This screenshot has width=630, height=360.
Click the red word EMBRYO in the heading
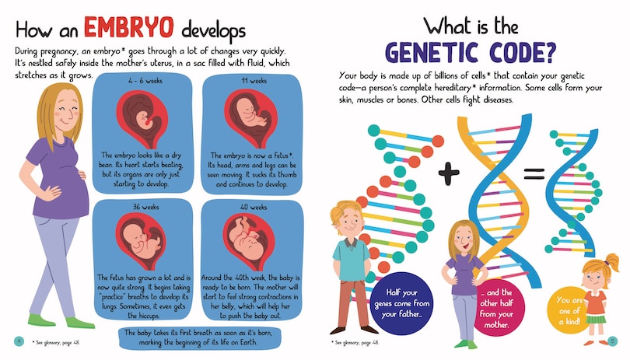click(x=128, y=27)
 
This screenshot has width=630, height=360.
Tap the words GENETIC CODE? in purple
click(x=471, y=53)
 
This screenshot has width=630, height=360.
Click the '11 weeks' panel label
click(x=254, y=81)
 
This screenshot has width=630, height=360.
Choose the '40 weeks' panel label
click(x=254, y=207)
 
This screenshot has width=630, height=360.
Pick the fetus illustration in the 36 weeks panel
click(x=141, y=242)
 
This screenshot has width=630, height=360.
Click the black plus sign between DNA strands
click(x=449, y=173)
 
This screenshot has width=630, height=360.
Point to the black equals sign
click(x=534, y=174)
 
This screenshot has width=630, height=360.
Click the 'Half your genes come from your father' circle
click(x=402, y=303)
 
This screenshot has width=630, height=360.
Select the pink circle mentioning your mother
click(x=495, y=308)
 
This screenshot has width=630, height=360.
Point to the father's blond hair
click(x=345, y=211)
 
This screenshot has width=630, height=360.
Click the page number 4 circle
click(x=19, y=341)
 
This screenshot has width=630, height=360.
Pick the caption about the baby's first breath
click(x=200, y=338)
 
